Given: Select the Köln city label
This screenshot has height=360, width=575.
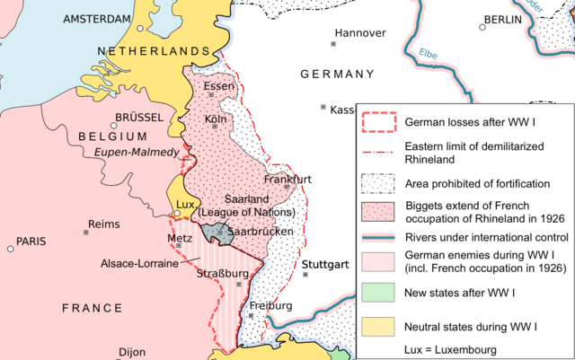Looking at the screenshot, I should pyautogui.click(x=215, y=119).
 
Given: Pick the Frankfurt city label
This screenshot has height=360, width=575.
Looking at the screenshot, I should pyautogui.click(x=287, y=179).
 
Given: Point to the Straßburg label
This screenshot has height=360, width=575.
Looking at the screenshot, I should pyautogui.click(x=221, y=273).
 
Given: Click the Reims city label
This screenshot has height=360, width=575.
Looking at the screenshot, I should pyautogui.click(x=104, y=224).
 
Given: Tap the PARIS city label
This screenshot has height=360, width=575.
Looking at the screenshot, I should pyautogui.click(x=31, y=241).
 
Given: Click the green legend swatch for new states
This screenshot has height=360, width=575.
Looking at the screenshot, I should pyautogui.click(x=377, y=293).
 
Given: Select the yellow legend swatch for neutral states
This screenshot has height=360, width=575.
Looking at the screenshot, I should pyautogui.click(x=377, y=322).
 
